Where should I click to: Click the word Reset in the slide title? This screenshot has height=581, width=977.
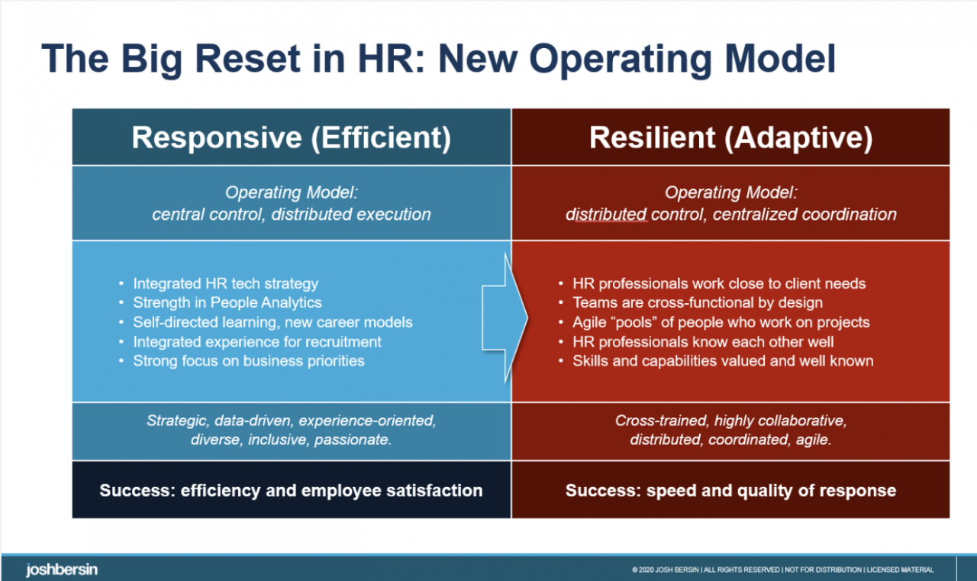pyautogui.click(x=248, y=59)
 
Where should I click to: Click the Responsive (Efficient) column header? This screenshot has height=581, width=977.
pyautogui.click(x=292, y=138)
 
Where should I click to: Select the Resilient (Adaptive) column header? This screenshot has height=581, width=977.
pyautogui.click(x=731, y=138)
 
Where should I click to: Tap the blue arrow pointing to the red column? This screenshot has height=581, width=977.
pyautogui.click(x=505, y=318)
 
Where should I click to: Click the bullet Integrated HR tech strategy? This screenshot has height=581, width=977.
pyautogui.click(x=225, y=283)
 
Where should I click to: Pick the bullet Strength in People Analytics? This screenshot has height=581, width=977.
pyautogui.click(x=227, y=302)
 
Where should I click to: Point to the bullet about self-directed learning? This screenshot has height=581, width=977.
pyautogui.click(x=272, y=322)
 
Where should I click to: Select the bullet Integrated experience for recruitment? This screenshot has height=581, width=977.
pyautogui.click(x=257, y=341)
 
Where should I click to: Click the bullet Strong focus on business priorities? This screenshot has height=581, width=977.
pyautogui.click(x=249, y=360)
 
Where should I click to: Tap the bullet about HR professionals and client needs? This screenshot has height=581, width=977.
pyautogui.click(x=719, y=283)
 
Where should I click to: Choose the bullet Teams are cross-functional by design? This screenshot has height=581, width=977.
pyautogui.click(x=698, y=302)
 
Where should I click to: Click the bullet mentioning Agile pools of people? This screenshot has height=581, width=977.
pyautogui.click(x=721, y=322)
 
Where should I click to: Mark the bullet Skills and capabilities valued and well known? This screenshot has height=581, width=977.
pyautogui.click(x=723, y=360)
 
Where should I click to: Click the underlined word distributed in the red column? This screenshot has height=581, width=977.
pyautogui.click(x=606, y=215)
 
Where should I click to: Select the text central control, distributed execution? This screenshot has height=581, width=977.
pyautogui.click(x=292, y=215)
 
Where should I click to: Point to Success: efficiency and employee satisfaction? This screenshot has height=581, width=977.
pyautogui.click(x=291, y=490)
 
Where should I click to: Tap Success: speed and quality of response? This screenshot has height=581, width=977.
pyautogui.click(x=730, y=490)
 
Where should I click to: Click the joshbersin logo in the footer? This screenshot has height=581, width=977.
pyautogui.click(x=62, y=570)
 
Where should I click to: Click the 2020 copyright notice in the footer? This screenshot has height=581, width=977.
pyautogui.click(x=782, y=570)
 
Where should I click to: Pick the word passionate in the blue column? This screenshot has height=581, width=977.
pyautogui.click(x=353, y=439)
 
